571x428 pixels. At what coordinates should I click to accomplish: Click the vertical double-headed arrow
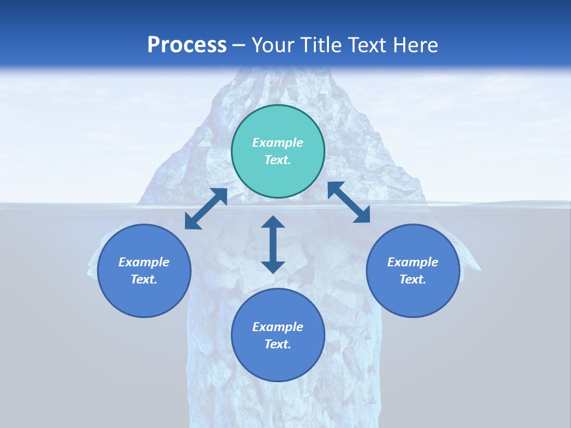click(x=273, y=244)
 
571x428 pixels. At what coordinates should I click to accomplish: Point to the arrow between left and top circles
click(x=206, y=209)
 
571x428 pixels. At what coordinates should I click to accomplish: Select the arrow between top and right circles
click(x=349, y=202)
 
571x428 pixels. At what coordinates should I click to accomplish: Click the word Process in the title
click(x=187, y=45)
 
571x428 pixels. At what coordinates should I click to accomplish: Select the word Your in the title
click(x=273, y=45)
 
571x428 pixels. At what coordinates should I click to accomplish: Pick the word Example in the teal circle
click(x=278, y=143)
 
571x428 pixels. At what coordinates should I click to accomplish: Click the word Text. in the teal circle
click(x=278, y=160)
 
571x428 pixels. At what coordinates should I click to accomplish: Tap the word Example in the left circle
click(x=144, y=262)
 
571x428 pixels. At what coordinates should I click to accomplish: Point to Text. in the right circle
click(x=413, y=279)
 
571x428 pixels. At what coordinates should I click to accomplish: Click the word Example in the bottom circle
click(x=278, y=327)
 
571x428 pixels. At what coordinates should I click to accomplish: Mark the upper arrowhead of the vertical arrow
click(x=273, y=222)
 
